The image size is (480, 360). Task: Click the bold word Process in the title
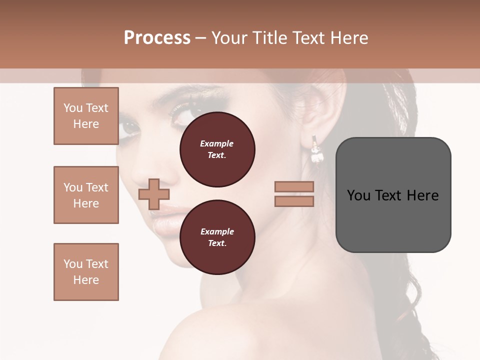click(x=157, y=37)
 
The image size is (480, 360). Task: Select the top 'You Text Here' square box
click(x=86, y=116)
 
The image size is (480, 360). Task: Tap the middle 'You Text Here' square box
click(x=86, y=195)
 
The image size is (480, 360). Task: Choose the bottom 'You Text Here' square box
click(x=86, y=272)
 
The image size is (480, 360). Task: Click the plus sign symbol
click(x=153, y=194)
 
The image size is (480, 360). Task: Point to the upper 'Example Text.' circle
click(x=217, y=149)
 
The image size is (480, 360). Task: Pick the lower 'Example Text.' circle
click(x=217, y=237)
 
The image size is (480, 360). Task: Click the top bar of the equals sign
click(x=294, y=186)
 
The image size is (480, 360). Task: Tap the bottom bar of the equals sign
click(x=294, y=201)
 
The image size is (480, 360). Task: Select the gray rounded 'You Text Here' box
click(x=393, y=195)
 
